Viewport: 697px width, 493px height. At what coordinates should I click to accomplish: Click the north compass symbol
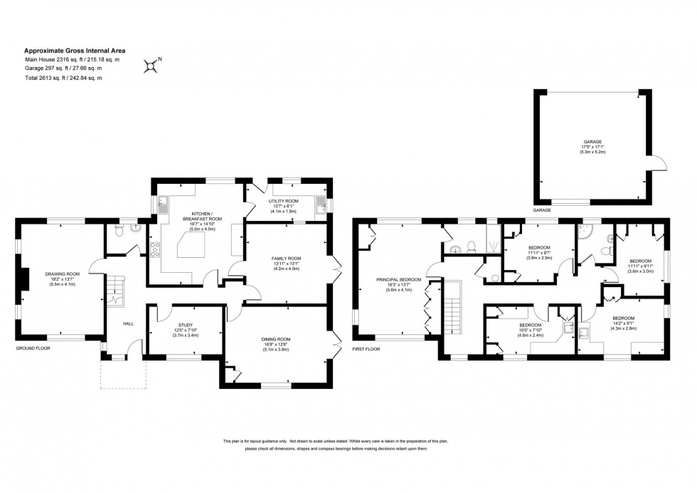[x=151, y=66]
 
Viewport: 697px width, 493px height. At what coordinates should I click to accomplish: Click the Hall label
[x=128, y=323]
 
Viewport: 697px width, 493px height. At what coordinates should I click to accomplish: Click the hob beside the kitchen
[x=154, y=249]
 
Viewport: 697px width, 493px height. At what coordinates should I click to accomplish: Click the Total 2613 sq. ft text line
[x=63, y=78]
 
